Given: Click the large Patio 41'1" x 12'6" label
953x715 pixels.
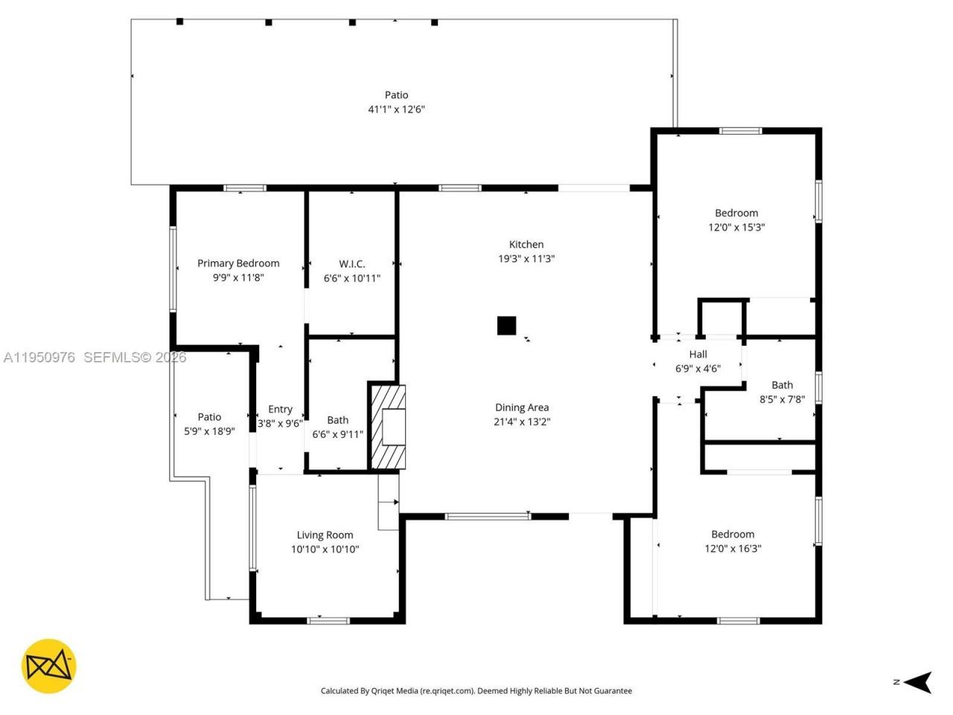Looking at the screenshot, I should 396,102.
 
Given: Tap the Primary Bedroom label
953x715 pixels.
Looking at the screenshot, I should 238,263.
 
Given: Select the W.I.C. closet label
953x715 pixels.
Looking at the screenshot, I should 351,264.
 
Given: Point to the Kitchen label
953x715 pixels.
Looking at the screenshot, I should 526,244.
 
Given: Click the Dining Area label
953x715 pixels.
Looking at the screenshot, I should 521,407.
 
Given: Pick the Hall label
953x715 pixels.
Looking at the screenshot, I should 698,355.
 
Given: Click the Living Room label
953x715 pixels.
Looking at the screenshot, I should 325,535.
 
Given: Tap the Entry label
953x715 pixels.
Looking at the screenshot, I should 280,409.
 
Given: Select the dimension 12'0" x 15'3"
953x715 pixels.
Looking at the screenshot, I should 736,227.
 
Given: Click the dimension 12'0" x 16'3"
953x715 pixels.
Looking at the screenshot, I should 733,549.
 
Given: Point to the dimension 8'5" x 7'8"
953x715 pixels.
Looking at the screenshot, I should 782,399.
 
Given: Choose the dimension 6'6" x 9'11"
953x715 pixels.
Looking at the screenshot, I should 337,434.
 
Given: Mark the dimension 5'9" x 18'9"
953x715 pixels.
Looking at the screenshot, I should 209,430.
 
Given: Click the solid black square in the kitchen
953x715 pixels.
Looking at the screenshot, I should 506,326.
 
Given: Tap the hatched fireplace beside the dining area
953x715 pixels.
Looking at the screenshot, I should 388,427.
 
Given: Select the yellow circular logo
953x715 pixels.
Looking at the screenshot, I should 48,666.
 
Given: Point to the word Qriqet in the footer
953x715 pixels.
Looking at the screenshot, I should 386,691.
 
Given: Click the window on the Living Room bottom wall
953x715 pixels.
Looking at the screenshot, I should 328,620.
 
